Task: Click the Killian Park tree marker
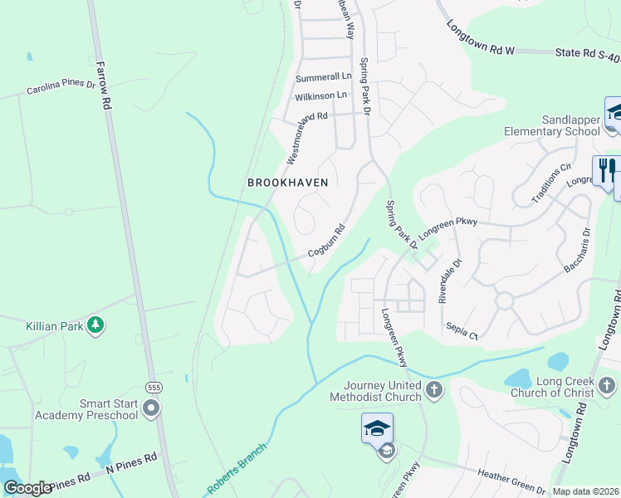point(96,325)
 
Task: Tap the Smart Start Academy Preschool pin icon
point(150,408)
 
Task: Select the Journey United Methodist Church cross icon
point(433,389)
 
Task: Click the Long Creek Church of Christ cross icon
point(607,385)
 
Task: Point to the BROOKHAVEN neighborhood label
point(288,183)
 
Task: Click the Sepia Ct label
point(462,331)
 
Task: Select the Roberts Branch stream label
point(237,470)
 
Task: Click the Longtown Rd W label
point(481,38)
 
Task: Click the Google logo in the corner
point(27,488)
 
